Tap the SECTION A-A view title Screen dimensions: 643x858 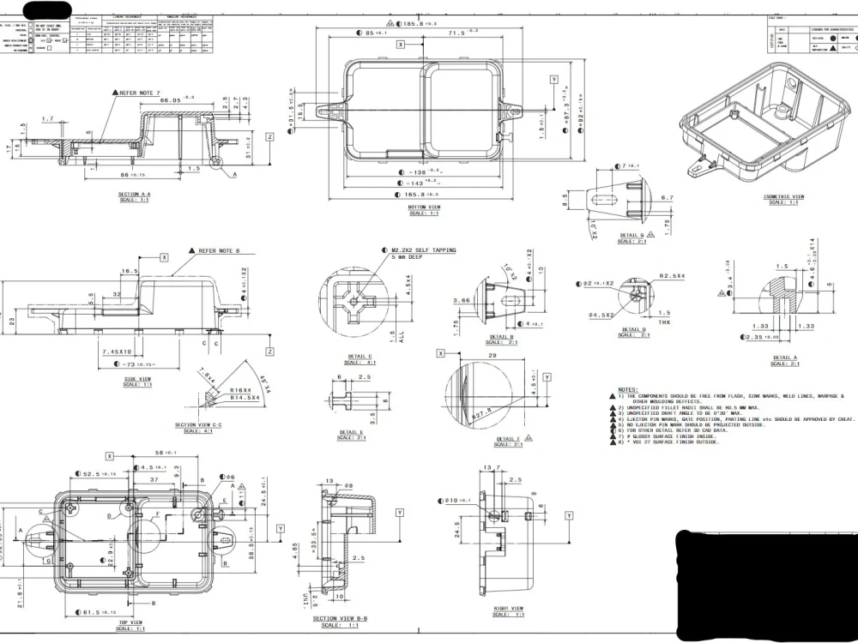tap(135, 195)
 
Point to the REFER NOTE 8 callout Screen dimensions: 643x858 tap(219, 251)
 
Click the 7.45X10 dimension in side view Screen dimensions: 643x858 tap(117, 352)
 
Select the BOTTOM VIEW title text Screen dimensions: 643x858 tap(425, 207)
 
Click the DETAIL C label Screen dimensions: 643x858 tap(360, 356)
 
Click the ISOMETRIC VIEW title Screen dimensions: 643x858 tap(783, 196)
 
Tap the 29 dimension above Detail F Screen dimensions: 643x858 tap(492, 354)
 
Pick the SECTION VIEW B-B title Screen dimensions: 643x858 tap(340, 619)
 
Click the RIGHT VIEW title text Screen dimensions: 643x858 tap(509, 609)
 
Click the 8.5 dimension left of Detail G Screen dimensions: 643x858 tap(565, 200)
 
